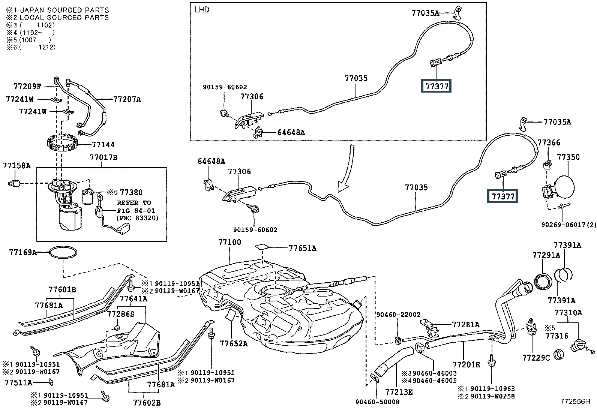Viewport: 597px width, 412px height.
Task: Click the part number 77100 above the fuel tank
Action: pyautogui.click(x=229, y=243)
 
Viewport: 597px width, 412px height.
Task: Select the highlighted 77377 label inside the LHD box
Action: pyautogui.click(x=436, y=87)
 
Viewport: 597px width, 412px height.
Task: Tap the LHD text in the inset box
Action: pyautogui.click(x=202, y=10)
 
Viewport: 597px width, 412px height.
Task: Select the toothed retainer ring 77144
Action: pyautogui.click(x=63, y=143)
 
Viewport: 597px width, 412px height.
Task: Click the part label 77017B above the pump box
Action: pyautogui.click(x=103, y=157)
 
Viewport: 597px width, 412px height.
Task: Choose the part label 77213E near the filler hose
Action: pyautogui.click(x=399, y=392)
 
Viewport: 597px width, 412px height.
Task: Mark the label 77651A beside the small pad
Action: pyautogui.click(x=302, y=248)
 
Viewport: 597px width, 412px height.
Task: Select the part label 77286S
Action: pyautogui.click(x=121, y=314)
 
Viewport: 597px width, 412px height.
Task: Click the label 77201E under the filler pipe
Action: pyautogui.click(x=466, y=364)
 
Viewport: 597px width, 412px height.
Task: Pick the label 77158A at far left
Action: pyautogui.click(x=17, y=165)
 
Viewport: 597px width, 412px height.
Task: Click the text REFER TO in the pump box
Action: pyautogui.click(x=134, y=203)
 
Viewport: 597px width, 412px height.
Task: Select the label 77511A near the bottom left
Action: pyautogui.click(x=18, y=382)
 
